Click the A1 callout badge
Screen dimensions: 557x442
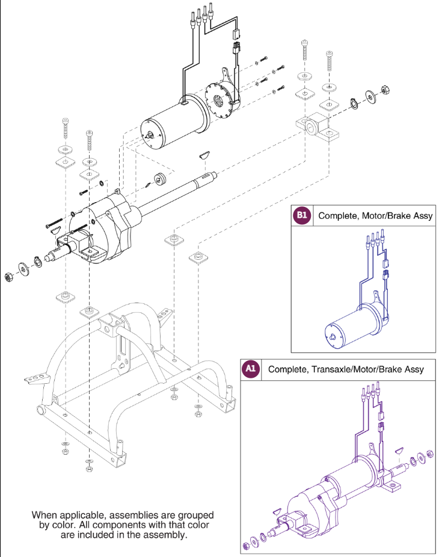[250, 369]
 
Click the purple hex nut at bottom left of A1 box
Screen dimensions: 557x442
[246, 547]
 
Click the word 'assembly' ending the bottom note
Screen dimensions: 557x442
[161, 535]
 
